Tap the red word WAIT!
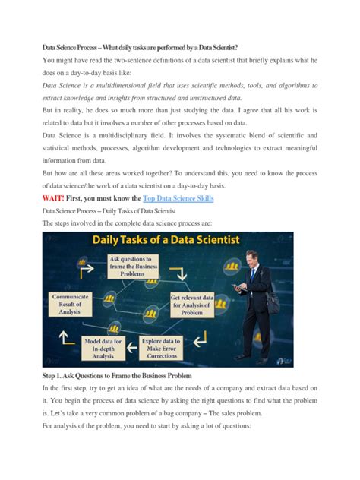(58, 198)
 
